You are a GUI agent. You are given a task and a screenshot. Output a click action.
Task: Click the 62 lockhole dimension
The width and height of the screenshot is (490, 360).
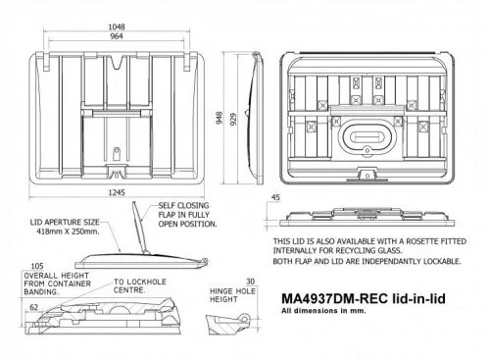tap(34, 307)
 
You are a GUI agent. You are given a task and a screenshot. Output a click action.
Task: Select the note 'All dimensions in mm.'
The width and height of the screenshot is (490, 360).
tap(315, 311)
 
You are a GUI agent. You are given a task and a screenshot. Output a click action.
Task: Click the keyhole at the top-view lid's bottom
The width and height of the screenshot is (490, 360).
tap(118, 153)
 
